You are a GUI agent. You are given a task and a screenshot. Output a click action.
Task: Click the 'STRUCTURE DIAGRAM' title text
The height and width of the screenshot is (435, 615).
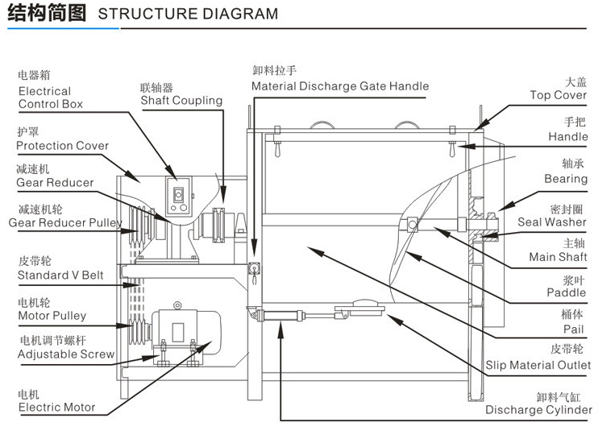[x=187, y=14]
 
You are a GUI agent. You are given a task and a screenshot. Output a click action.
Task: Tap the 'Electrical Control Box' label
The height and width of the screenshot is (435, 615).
[x=50, y=97]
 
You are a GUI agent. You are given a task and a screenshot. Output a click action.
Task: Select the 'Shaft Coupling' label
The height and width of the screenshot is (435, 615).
[x=181, y=101]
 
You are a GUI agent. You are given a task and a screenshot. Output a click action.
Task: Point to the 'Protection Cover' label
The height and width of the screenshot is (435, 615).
[x=62, y=146]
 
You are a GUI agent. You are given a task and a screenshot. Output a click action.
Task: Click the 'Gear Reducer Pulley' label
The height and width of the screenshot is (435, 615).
[x=65, y=222]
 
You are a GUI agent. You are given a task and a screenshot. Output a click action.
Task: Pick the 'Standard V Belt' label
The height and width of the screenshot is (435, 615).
[x=60, y=275]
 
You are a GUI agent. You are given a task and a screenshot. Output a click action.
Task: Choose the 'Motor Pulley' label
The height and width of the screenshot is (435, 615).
[x=52, y=316]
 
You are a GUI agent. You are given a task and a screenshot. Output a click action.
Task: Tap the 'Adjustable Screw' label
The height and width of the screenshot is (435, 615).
[x=66, y=354]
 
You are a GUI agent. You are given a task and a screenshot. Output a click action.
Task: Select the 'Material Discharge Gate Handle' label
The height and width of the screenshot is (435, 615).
[x=340, y=86]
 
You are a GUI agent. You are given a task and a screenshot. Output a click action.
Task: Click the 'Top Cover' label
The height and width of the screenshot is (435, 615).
[x=559, y=95]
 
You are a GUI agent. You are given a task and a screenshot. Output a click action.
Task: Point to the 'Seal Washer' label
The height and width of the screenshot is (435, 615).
[x=552, y=222]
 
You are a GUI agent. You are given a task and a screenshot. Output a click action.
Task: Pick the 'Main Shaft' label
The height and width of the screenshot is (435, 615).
[x=558, y=258]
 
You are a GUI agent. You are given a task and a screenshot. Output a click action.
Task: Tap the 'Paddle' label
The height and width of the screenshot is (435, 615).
[x=568, y=293]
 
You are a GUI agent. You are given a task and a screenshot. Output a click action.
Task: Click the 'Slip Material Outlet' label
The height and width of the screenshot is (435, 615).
[x=538, y=366]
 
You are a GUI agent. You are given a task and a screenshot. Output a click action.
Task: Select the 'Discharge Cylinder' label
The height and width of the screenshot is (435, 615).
[x=538, y=410]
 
